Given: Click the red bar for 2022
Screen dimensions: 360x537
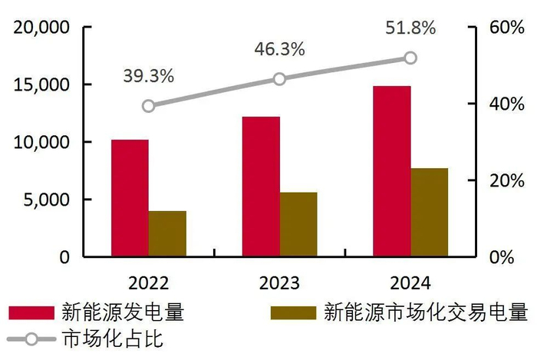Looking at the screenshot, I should pyautogui.click(x=130, y=198).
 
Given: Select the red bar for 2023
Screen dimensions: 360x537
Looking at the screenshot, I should pyautogui.click(x=261, y=187).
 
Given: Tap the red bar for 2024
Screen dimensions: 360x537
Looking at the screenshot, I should pyautogui.click(x=391, y=171).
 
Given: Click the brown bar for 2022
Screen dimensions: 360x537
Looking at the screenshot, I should pyautogui.click(x=167, y=233).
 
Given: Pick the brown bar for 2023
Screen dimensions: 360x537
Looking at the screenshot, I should pyautogui.click(x=298, y=224).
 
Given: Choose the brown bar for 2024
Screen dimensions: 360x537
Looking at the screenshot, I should pyautogui.click(x=429, y=212).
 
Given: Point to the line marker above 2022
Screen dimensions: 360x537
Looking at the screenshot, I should pyautogui.click(x=149, y=106).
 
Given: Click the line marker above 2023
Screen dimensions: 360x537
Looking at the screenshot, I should pyautogui.click(x=279, y=79).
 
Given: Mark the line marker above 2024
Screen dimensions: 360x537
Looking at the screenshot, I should pyautogui.click(x=410, y=58).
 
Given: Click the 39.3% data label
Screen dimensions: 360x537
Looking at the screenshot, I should pyautogui.click(x=148, y=77).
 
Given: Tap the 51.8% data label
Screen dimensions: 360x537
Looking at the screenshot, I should pyautogui.click(x=410, y=28).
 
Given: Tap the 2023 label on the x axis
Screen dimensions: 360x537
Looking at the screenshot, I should pyautogui.click(x=279, y=282).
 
